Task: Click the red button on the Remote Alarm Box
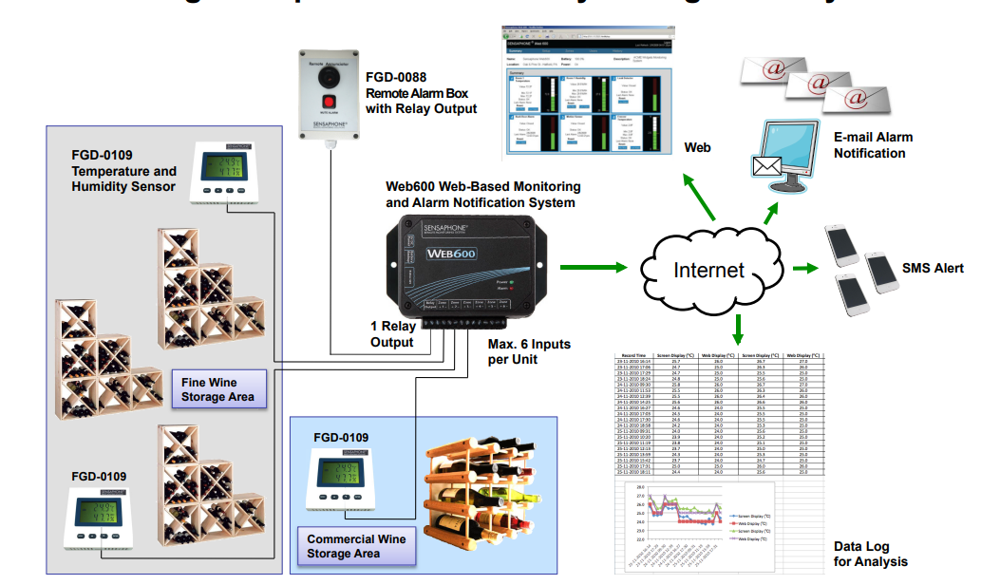(x=330, y=101)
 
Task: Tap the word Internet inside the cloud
(x=708, y=270)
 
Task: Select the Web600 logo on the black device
(x=452, y=254)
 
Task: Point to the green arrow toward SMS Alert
(x=804, y=269)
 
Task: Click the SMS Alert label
(x=932, y=268)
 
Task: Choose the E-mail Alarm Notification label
(x=873, y=145)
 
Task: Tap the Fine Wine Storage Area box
(x=217, y=389)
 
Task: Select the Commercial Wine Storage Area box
(x=355, y=546)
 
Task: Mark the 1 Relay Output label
(x=392, y=333)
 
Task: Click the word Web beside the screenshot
(x=698, y=148)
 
